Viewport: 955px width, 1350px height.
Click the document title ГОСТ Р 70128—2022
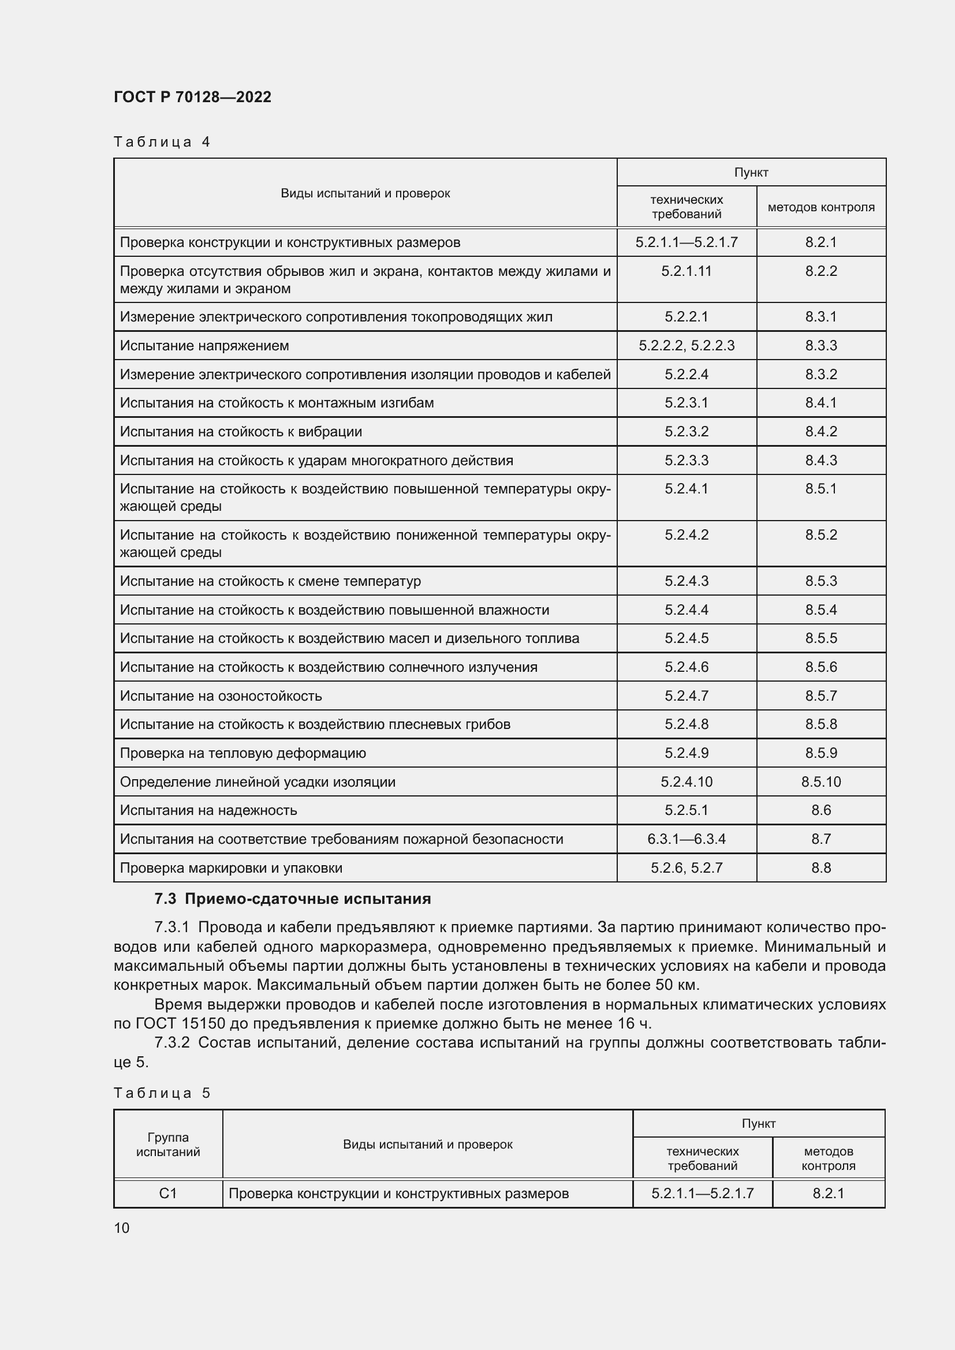point(192,97)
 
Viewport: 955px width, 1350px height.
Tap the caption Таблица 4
point(162,142)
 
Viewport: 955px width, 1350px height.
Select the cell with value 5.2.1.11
point(687,271)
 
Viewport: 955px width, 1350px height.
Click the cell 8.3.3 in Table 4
point(821,346)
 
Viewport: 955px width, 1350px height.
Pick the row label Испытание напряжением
point(204,346)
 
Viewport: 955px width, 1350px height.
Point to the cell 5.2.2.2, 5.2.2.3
point(687,346)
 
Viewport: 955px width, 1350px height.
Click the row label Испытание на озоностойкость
point(221,696)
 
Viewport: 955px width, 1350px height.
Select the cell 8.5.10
point(821,782)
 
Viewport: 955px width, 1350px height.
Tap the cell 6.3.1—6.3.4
point(687,839)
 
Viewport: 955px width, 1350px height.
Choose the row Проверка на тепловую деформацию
point(243,753)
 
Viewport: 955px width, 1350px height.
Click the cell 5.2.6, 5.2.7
point(687,868)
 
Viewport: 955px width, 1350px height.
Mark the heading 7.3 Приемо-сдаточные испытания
point(292,899)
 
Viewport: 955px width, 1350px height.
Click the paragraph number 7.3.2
point(171,1042)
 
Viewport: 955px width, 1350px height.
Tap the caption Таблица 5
point(162,1093)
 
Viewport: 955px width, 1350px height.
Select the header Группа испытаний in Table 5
point(168,1144)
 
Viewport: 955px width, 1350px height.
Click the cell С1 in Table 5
point(168,1194)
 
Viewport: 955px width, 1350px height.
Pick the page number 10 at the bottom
point(122,1228)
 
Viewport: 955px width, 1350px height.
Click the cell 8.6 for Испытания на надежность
point(821,810)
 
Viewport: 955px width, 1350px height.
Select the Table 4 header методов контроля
point(821,207)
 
